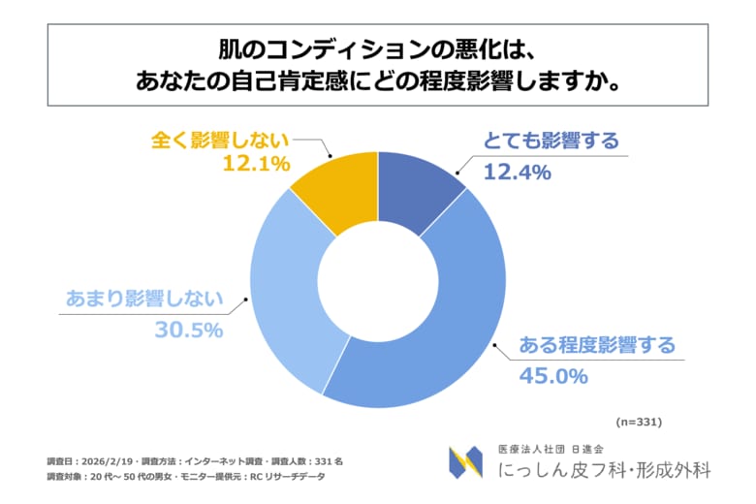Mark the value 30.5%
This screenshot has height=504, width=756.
point(189,330)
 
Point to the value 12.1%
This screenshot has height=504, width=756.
point(257,165)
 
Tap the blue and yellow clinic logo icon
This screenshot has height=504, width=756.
point(465,461)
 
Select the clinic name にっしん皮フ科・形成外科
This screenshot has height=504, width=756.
point(604,470)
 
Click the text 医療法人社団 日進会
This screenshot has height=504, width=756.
point(550,449)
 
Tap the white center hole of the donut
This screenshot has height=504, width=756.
point(377,281)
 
